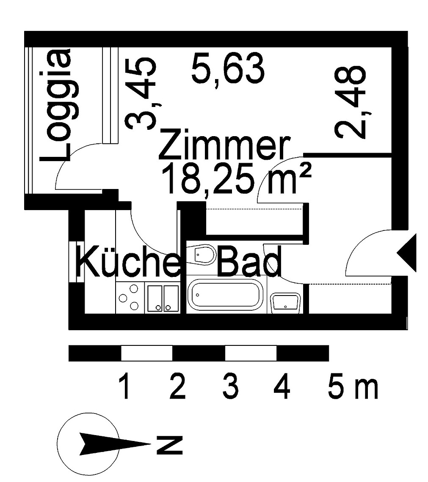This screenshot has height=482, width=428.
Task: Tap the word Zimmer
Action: click(225, 145)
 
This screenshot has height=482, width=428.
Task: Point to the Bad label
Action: click(249, 261)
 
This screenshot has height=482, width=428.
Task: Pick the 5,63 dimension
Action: click(227, 69)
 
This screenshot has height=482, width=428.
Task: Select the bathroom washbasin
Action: click(285, 303)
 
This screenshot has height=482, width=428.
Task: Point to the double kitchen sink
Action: click(163, 298)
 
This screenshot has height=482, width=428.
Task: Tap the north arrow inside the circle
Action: click(114, 444)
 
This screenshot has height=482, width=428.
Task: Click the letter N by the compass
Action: click(169, 444)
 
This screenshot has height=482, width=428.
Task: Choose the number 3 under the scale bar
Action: click(231, 386)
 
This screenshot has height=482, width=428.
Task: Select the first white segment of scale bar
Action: click(147, 353)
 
